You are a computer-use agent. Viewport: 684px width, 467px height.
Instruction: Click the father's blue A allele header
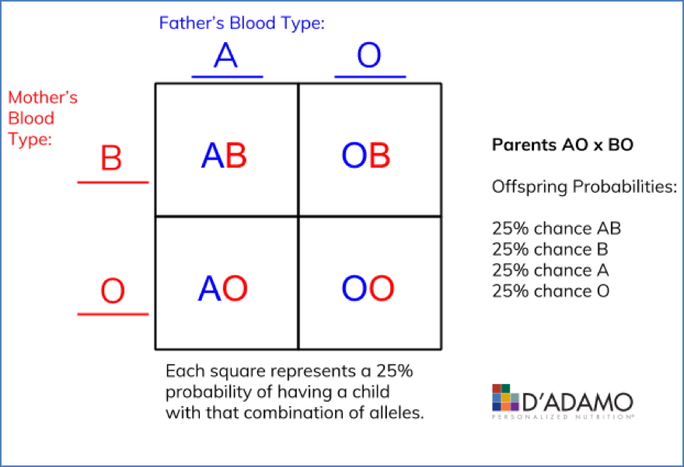click(x=225, y=58)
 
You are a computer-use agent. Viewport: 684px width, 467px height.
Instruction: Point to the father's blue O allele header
click(x=368, y=58)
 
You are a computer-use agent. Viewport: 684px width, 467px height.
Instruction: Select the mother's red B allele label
click(x=112, y=159)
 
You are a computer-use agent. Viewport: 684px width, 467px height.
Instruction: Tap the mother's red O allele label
click(x=113, y=292)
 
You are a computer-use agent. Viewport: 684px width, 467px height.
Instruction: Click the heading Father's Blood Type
click(x=242, y=23)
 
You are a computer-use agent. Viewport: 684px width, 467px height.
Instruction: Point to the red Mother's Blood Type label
click(x=43, y=119)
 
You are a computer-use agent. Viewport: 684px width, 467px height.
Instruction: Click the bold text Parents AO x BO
click(x=557, y=145)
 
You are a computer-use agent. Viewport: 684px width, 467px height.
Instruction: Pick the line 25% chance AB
click(x=557, y=229)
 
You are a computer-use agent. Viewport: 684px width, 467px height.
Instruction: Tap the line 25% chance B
click(x=550, y=249)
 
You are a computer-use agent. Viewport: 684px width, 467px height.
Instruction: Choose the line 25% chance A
click(x=550, y=270)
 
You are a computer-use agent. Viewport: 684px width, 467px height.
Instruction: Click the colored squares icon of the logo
click(x=507, y=397)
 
